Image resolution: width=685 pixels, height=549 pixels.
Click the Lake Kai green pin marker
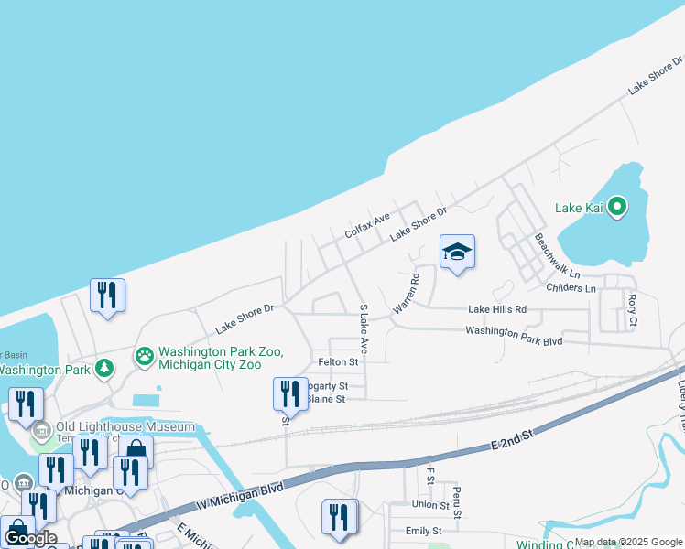(617, 208)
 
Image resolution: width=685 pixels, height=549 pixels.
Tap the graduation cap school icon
(457, 251)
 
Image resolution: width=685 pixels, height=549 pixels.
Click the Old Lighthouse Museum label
(125, 426)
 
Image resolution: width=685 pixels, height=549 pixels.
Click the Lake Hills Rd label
(497, 310)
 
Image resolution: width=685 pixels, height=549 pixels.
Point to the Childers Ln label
(571, 288)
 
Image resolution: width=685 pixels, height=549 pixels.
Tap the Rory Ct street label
(632, 310)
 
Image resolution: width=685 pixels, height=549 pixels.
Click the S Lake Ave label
(364, 329)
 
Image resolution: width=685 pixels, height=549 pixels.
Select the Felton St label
(336, 362)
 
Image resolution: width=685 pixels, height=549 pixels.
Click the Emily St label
(423, 531)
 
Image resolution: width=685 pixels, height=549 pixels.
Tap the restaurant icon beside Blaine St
(290, 393)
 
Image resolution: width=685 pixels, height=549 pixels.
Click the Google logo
(29, 537)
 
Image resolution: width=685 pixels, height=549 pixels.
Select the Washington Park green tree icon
(105, 369)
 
